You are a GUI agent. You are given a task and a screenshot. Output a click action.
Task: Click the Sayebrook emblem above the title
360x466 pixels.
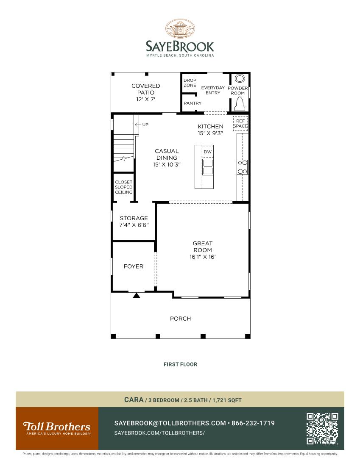(x=180, y=29)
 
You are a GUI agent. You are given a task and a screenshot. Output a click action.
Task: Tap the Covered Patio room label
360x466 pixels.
(x=145, y=92)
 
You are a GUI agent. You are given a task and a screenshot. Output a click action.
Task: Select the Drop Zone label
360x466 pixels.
(x=190, y=83)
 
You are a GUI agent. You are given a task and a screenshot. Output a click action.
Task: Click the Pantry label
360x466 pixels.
(x=193, y=103)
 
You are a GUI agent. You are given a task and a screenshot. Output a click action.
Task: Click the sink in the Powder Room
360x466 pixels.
(x=240, y=79)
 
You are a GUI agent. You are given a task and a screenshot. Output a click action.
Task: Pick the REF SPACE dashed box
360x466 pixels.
(x=240, y=123)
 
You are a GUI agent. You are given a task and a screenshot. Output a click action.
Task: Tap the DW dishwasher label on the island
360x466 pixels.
(x=207, y=152)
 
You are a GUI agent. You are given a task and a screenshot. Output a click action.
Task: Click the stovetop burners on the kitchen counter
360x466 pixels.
(x=243, y=167)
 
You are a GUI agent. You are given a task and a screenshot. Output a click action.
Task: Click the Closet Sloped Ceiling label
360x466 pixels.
(x=124, y=187)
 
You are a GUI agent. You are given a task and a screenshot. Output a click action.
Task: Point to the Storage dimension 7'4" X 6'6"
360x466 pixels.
(x=134, y=225)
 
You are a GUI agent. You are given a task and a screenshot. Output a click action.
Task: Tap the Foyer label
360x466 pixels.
(x=133, y=266)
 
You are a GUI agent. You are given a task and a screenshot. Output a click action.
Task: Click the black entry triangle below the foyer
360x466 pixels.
(x=136, y=295)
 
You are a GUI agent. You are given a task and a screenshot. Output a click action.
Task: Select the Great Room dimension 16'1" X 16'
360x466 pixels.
(x=203, y=257)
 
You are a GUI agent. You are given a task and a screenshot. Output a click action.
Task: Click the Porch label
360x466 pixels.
(x=180, y=319)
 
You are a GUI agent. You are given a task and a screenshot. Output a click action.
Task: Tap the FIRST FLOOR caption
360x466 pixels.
(x=180, y=364)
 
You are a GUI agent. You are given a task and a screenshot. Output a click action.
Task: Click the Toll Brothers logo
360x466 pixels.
(x=57, y=428)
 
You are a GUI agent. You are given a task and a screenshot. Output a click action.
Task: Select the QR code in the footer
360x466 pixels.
(x=322, y=428)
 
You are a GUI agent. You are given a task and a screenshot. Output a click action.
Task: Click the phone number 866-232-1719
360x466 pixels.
(x=253, y=423)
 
